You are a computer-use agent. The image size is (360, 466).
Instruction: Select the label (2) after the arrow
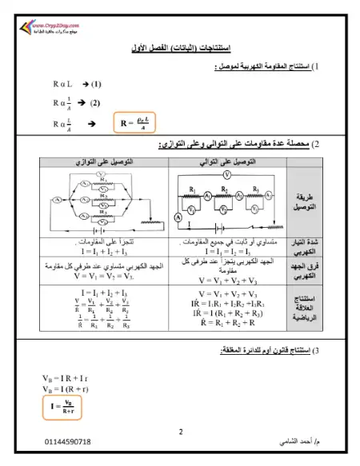point(95,102)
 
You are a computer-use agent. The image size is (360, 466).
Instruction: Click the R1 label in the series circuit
point(194,189)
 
